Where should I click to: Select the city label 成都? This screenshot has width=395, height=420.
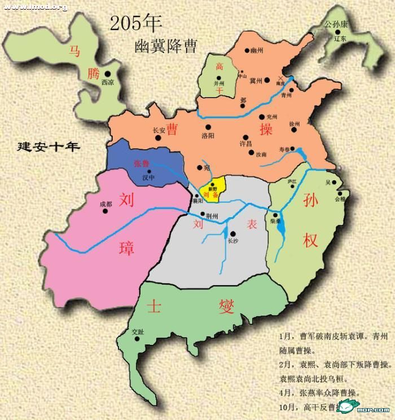tap(106, 204)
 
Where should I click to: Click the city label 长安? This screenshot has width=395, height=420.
tap(159, 130)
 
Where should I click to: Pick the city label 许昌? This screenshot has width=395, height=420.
tap(246, 144)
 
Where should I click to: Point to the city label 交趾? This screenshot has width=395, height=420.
tap(137, 331)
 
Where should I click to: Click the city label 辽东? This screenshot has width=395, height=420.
tap(340, 39)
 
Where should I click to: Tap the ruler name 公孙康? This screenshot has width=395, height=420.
tap(337, 25)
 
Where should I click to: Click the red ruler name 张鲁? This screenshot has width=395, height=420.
tap(142, 163)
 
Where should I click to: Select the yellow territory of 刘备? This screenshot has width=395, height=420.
tap(214, 189)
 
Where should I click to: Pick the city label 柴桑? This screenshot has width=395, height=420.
tap(276, 222)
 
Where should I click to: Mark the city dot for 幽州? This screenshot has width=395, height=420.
tap(247, 50)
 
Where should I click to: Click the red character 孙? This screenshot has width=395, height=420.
tap(310, 201)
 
